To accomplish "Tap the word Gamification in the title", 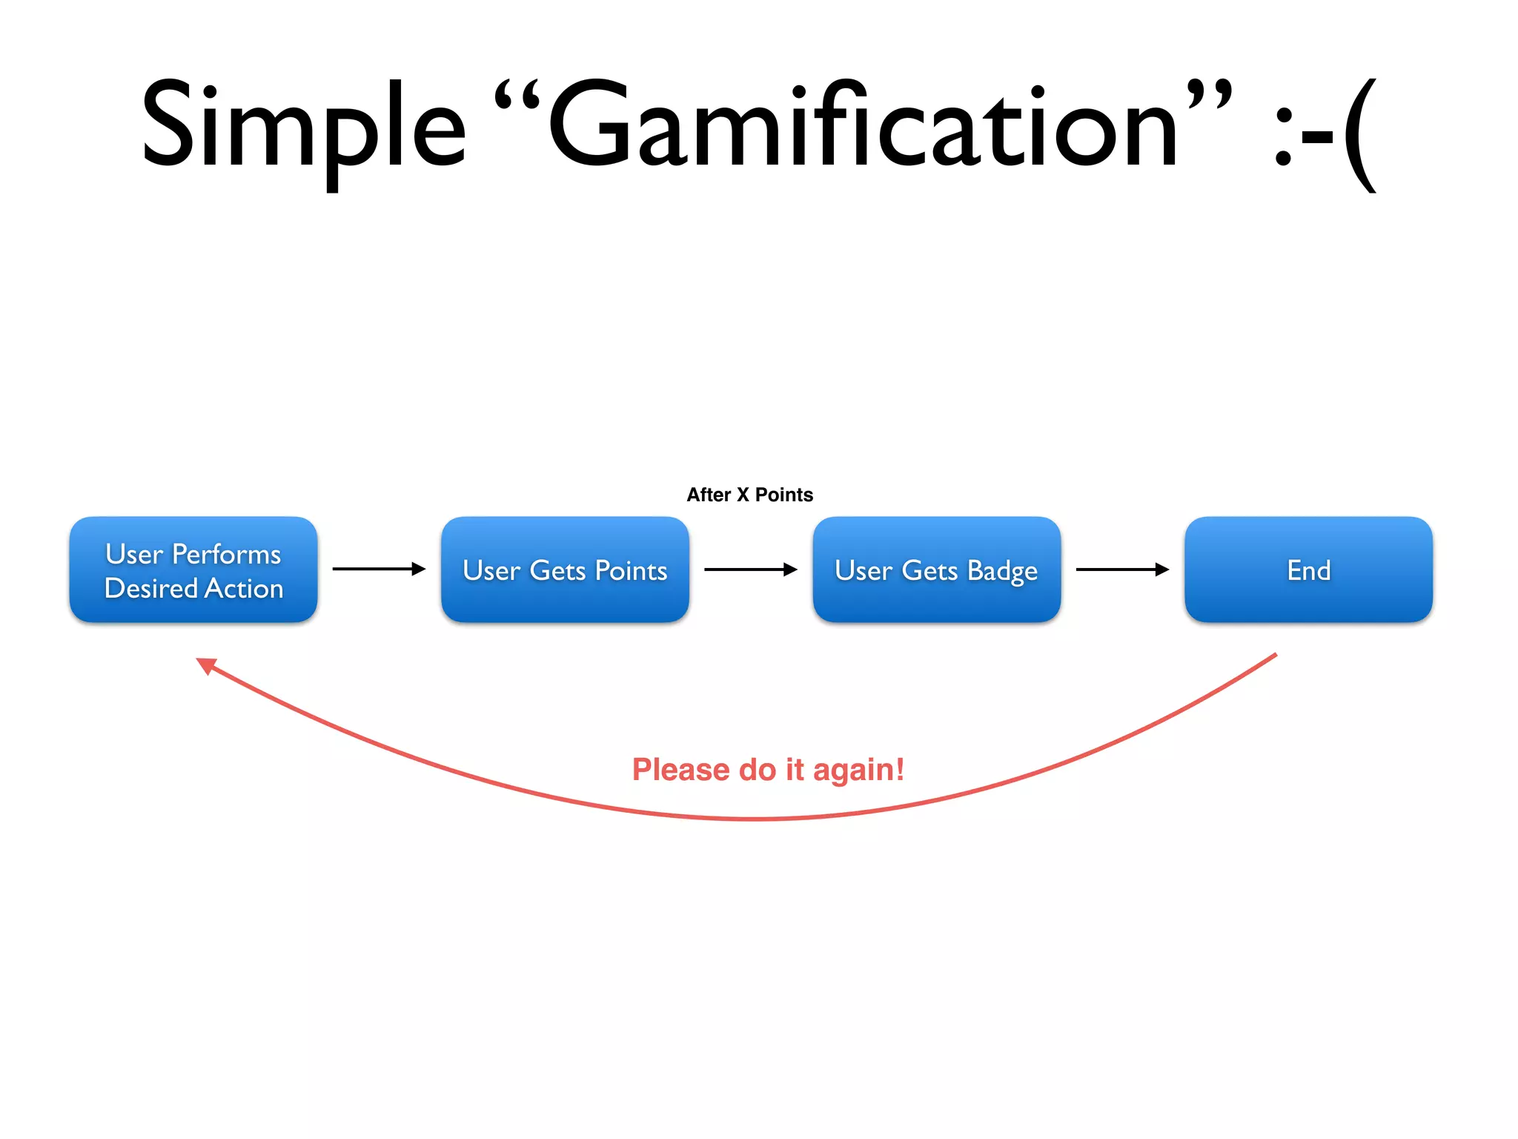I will pyautogui.click(x=863, y=126).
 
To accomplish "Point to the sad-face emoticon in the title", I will pyautogui.click(x=1324, y=133).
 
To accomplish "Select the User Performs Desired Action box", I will pyautogui.click(x=193, y=569).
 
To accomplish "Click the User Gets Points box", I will pyautogui.click(x=565, y=569).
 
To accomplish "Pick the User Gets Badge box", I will pyautogui.click(x=936, y=569).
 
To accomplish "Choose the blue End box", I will pyautogui.click(x=1308, y=569).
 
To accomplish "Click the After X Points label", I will pyautogui.click(x=749, y=495).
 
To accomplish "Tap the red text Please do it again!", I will pyautogui.click(x=768, y=770).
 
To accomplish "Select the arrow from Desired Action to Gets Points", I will pyautogui.click(x=379, y=569).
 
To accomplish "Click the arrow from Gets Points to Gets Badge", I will pyautogui.click(x=750, y=569).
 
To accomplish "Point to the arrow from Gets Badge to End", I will pyautogui.click(x=1122, y=569).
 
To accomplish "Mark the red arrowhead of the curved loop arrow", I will pyautogui.click(x=205, y=665).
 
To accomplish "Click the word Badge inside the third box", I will pyautogui.click(x=1002, y=572).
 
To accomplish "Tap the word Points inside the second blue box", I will pyautogui.click(x=631, y=570).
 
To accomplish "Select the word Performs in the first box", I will pyautogui.click(x=226, y=554).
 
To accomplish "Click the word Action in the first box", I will pyautogui.click(x=244, y=588).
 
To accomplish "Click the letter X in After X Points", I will pyautogui.click(x=742, y=495).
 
